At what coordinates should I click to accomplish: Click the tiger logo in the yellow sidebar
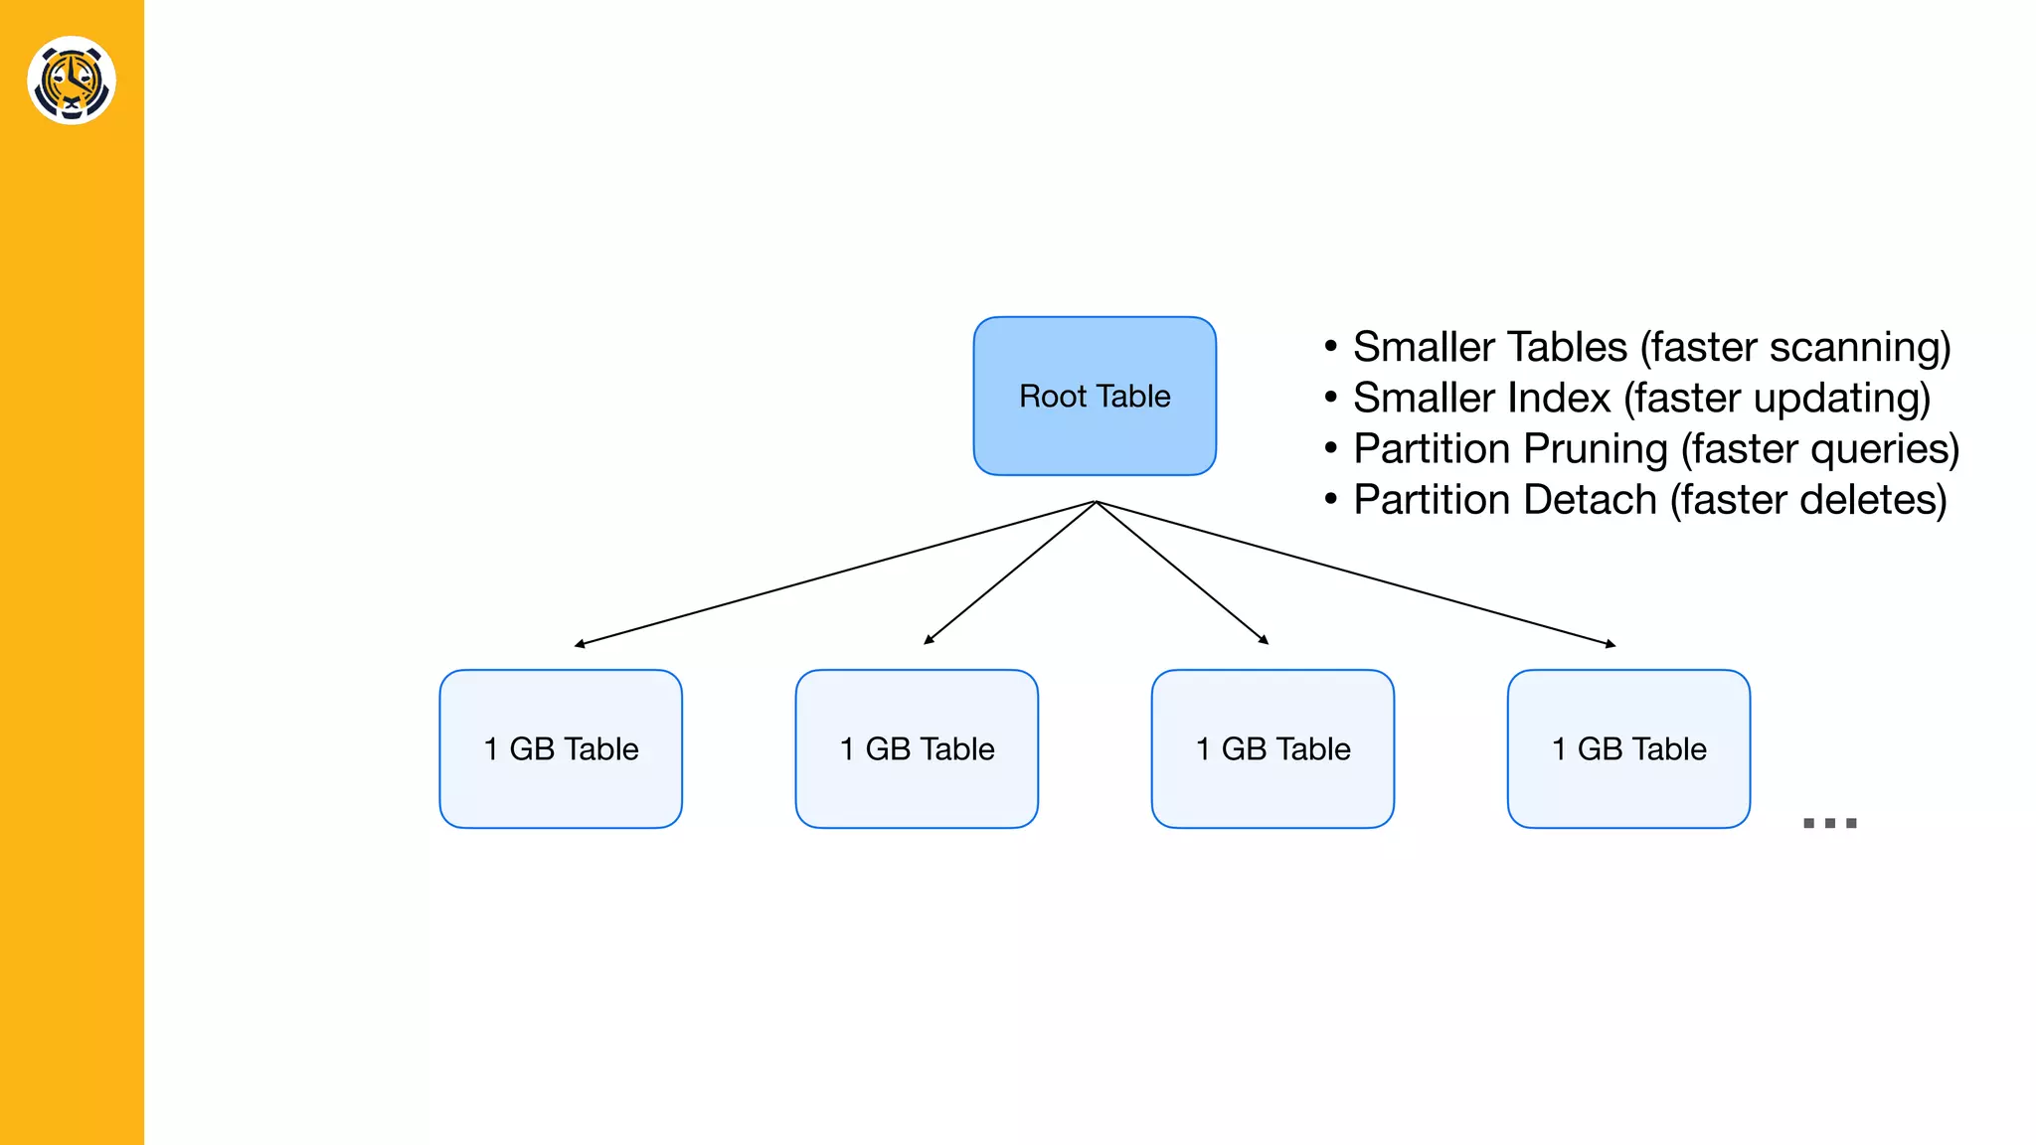pyautogui.click(x=72, y=81)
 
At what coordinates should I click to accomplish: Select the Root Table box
pyautogui.click(x=1095, y=396)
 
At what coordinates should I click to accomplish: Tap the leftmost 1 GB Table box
pyautogui.click(x=561, y=748)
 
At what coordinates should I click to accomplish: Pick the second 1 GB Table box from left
pyautogui.click(x=917, y=748)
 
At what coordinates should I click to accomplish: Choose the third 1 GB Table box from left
pyautogui.click(x=1272, y=748)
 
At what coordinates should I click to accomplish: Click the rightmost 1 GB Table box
pyautogui.click(x=1628, y=748)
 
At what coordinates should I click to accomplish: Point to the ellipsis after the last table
pyautogui.click(x=1829, y=822)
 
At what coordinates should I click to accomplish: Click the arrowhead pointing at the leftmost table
pyautogui.click(x=580, y=644)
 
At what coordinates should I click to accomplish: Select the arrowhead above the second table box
pyautogui.click(x=929, y=640)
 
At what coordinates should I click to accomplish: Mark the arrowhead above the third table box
pyautogui.click(x=1264, y=640)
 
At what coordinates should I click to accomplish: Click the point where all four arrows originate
pyautogui.click(x=1096, y=502)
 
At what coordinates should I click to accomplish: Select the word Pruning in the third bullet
pyautogui.click(x=1595, y=449)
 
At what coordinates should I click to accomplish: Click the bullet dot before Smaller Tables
pyautogui.click(x=1330, y=347)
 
